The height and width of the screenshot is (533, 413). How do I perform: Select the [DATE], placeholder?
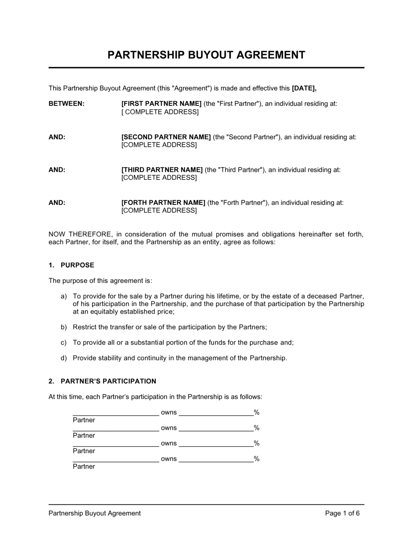point(304,88)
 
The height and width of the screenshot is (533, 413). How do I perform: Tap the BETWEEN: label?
point(66,104)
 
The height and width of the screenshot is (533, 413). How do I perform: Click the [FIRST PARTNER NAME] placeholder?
point(161,104)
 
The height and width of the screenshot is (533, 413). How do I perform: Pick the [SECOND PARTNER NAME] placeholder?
point(166,137)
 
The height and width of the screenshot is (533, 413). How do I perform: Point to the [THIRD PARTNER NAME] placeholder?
point(162,170)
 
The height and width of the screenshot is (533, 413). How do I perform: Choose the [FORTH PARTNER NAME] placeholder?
point(163,202)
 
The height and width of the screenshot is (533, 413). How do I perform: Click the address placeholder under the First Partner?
point(160,112)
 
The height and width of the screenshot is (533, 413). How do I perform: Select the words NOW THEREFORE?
point(80,234)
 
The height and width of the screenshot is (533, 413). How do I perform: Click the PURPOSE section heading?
point(77,265)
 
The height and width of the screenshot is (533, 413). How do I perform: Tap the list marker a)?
point(64,296)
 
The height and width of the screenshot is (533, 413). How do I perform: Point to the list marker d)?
point(64,358)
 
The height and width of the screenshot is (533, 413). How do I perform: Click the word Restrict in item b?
point(84,327)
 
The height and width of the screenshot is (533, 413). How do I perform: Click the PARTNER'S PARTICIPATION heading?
point(108,381)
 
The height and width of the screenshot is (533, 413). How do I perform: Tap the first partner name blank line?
point(116,412)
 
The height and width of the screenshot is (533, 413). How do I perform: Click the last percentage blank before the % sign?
point(216,459)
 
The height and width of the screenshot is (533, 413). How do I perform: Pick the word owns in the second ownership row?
point(169,428)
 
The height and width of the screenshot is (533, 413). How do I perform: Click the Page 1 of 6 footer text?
point(342,513)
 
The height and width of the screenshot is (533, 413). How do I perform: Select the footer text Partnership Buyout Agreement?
point(95,513)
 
